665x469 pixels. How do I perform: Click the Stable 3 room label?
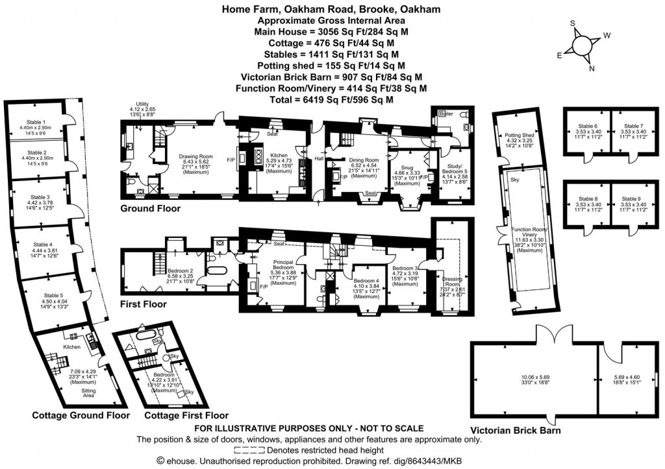point(38,197)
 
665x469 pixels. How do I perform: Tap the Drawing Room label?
point(196,156)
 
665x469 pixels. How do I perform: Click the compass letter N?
point(591,67)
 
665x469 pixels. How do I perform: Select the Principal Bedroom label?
point(283,266)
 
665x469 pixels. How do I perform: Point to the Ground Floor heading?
point(150,208)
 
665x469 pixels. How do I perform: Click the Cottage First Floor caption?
point(186,415)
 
